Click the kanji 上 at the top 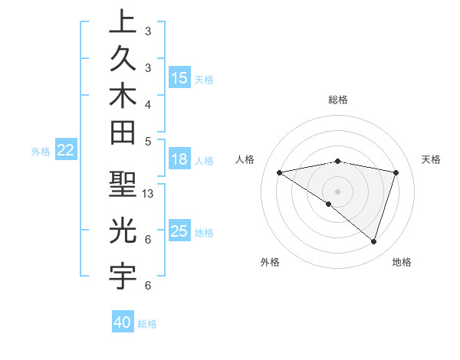[122, 22]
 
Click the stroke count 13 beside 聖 [149, 194]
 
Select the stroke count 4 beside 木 [147, 104]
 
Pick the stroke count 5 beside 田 [147, 141]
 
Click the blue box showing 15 [179, 77]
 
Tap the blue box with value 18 [179, 159]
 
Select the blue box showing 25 [179, 231]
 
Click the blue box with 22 [65, 151]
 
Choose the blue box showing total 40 [123, 322]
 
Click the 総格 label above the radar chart [338, 100]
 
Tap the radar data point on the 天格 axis [396, 172]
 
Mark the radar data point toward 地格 [373, 241]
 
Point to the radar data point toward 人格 [279, 172]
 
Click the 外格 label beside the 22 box [41, 152]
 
